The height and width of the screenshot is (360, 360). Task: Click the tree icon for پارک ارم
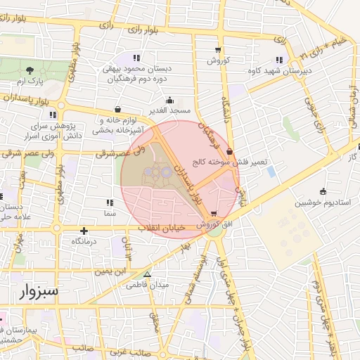click(30, 70)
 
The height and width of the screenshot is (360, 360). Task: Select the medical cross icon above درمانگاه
click(84, 231)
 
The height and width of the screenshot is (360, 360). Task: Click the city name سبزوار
click(34, 290)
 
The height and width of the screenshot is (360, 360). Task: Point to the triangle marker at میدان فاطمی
click(147, 275)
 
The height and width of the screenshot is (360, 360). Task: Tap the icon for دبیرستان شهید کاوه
click(279, 60)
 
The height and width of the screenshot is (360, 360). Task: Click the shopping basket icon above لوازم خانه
click(117, 110)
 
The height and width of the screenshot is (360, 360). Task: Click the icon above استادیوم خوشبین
click(322, 191)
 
